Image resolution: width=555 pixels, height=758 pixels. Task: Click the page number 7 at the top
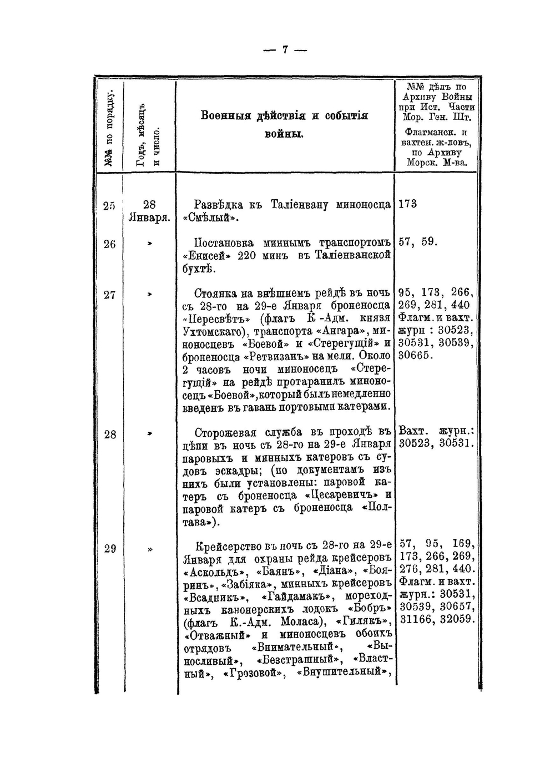tap(284, 50)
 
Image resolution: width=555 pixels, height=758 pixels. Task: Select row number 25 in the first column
tap(109, 205)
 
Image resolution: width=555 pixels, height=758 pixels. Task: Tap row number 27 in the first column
tap(110, 295)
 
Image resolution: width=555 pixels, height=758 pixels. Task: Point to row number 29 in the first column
tap(110, 548)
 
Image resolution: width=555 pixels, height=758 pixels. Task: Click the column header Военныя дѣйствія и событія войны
tap(284, 124)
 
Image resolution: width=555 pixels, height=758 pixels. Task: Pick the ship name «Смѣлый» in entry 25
tap(210, 218)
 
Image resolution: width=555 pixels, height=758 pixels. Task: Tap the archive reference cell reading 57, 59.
tap(418, 242)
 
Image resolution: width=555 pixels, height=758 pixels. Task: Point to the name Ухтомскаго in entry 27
tap(214, 332)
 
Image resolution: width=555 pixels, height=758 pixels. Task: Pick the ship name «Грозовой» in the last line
tap(254, 673)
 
